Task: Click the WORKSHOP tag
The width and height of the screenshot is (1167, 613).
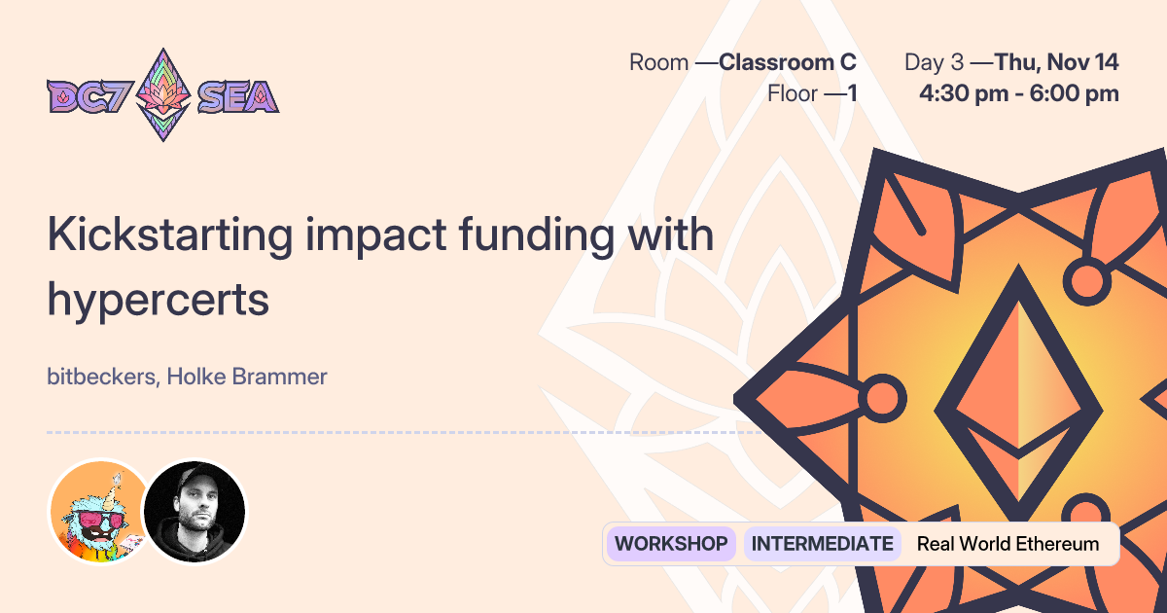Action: click(671, 544)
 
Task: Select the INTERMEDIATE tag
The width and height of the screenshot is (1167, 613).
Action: click(822, 544)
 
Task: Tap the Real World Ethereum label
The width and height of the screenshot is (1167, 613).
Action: click(1008, 544)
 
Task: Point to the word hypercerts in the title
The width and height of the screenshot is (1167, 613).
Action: click(158, 301)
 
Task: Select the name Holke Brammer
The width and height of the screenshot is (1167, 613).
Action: click(247, 377)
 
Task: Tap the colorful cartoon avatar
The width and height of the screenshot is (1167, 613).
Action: click(99, 511)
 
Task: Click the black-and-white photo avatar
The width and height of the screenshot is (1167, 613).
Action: click(195, 511)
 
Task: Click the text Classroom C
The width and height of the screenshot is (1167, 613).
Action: click(788, 63)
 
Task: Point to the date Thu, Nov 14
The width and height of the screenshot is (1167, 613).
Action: click(1056, 63)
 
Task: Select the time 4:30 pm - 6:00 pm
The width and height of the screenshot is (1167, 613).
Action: click(1018, 93)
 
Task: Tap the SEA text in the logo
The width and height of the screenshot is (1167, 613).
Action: click(237, 95)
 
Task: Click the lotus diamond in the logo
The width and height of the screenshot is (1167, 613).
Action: click(161, 94)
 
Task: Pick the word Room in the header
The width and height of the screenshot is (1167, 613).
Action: click(658, 63)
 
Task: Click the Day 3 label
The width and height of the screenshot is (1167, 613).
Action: click(934, 63)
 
